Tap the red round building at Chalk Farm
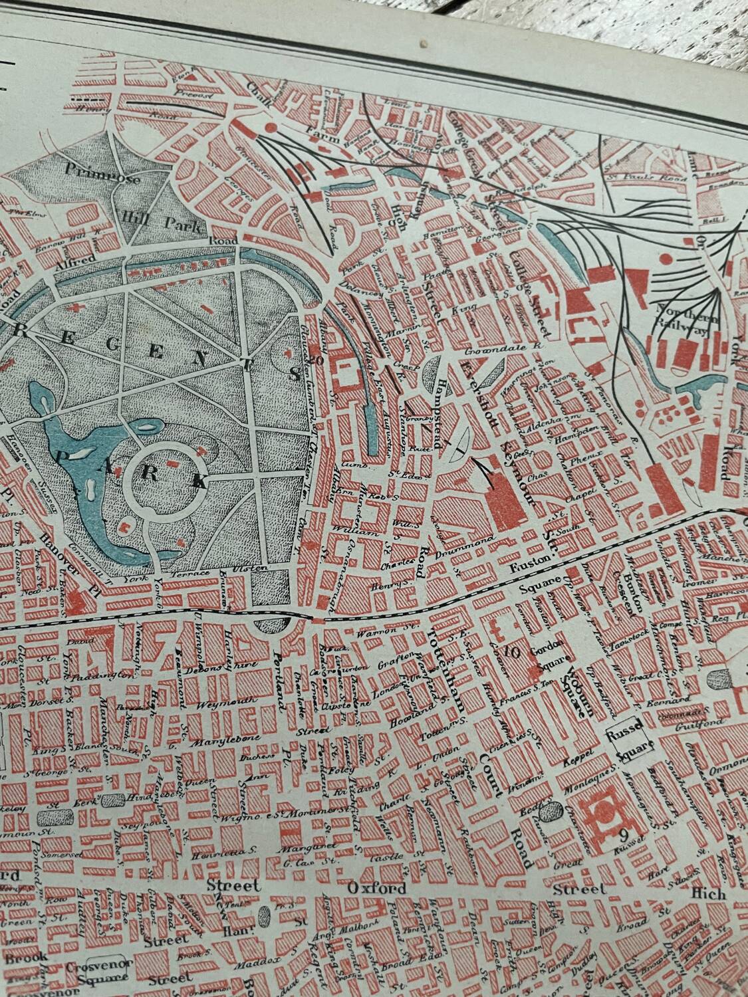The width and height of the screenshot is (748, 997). coord(271,126)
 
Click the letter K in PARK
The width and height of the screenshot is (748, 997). coord(199,481)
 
